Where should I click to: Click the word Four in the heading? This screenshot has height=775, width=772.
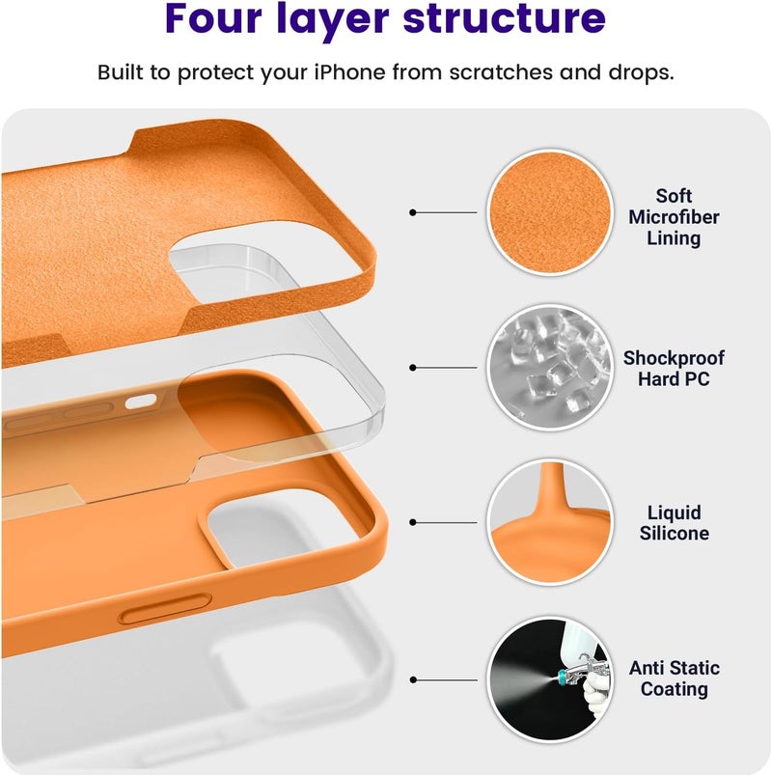[x=213, y=18]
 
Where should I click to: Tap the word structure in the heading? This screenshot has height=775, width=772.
[x=504, y=18]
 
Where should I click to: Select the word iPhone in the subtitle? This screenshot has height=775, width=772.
[x=350, y=72]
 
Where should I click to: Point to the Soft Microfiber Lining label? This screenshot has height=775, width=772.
[x=674, y=217]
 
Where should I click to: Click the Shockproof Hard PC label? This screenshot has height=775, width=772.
[x=674, y=369]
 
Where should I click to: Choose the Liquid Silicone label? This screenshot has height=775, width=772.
[x=675, y=523]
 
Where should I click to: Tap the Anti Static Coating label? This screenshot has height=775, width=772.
[x=675, y=678]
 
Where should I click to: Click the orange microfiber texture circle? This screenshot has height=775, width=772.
[x=550, y=212]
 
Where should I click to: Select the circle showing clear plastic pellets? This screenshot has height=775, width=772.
[x=550, y=368]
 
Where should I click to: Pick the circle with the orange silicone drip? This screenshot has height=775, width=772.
[x=550, y=522]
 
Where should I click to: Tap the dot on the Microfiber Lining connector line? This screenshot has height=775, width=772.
[x=413, y=212]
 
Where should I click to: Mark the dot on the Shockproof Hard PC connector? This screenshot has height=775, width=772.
[x=413, y=368]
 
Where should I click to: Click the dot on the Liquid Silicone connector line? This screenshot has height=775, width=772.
[x=413, y=522]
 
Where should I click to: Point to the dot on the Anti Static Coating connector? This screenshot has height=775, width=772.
[x=413, y=680]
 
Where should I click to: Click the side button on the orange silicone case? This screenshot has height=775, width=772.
[x=166, y=609]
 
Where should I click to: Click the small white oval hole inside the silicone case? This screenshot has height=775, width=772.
[x=141, y=401]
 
